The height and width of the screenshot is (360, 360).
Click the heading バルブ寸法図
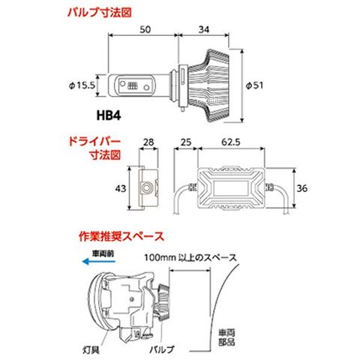(100, 13)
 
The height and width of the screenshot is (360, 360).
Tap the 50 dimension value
(145, 29)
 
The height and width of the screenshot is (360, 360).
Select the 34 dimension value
(204, 29)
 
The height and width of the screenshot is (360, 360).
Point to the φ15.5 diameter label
(82, 85)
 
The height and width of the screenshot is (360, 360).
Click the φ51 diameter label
(254, 85)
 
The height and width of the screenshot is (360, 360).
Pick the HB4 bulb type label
(109, 115)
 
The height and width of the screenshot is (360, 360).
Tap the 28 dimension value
(148, 142)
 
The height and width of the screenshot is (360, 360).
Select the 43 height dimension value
(121, 188)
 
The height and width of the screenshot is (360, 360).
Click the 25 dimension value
(186, 142)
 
